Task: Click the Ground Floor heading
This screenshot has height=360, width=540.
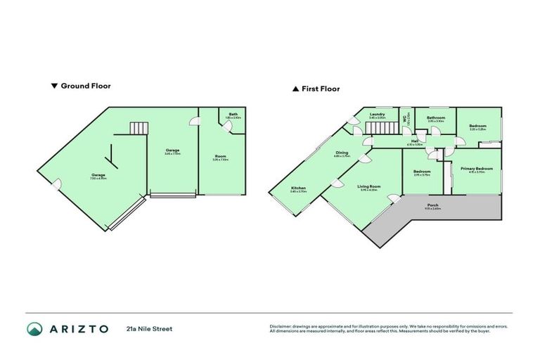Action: coord(86,86)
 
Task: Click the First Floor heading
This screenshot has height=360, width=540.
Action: coord(321,89)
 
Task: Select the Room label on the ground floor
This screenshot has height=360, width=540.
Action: coord(221,157)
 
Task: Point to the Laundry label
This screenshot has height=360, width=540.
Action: coord(378,114)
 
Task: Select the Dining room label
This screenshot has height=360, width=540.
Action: coord(342,152)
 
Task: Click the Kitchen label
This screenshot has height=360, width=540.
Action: coord(298,188)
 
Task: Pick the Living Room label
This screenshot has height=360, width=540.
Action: coord(369,186)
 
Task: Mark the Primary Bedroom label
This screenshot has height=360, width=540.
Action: coord(477,168)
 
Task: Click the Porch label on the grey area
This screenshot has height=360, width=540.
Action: coord(432,205)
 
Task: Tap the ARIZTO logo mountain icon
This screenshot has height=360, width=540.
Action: coord(35,328)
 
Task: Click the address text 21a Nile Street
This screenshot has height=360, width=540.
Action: coord(149,328)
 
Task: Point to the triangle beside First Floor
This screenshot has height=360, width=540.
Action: coord(296,89)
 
